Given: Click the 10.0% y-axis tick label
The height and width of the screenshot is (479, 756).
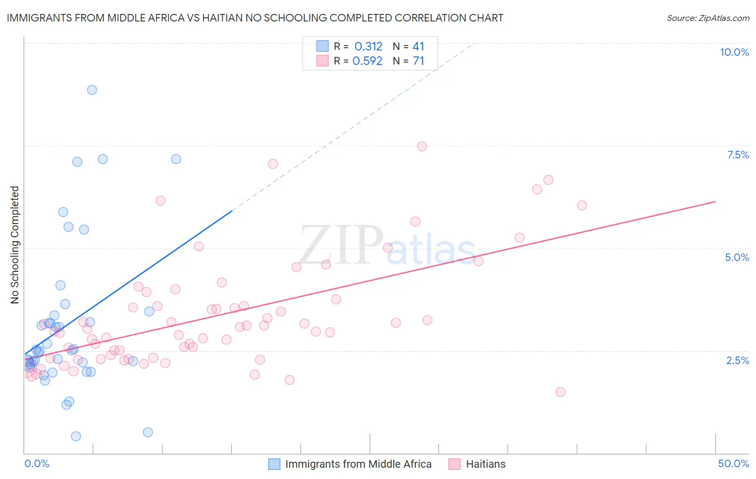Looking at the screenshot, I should pyautogui.click(x=734, y=52).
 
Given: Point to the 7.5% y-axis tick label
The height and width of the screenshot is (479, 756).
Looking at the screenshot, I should pyautogui.click(x=738, y=155).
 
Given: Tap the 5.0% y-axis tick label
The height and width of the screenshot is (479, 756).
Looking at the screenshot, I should pyautogui.click(x=737, y=257).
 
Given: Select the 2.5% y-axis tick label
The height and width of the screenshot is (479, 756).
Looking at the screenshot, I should pyautogui.click(x=737, y=360).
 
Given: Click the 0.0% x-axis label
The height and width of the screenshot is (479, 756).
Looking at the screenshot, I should pyautogui.click(x=37, y=463).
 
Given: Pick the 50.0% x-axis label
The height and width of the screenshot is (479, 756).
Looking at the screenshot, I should pyautogui.click(x=733, y=463).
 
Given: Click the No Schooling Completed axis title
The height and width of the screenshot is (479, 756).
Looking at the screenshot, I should pyautogui.click(x=15, y=245).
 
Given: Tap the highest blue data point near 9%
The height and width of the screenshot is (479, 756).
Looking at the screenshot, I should pyautogui.click(x=92, y=90).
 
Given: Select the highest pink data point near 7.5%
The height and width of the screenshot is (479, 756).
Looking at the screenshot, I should pyautogui.click(x=422, y=147).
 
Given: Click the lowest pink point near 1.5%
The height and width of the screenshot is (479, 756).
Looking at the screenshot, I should pyautogui.click(x=560, y=392).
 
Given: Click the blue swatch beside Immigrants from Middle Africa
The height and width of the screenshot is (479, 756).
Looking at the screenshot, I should pyautogui.click(x=274, y=464).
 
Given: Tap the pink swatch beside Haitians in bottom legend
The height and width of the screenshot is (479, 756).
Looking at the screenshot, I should pyautogui.click(x=454, y=464).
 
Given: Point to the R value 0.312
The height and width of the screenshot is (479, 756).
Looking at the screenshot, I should pyautogui.click(x=368, y=46).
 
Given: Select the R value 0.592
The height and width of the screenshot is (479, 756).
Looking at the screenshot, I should pyautogui.click(x=367, y=61).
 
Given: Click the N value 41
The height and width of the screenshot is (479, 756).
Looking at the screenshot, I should pyautogui.click(x=418, y=46).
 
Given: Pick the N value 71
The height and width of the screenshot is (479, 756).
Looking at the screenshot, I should pyautogui.click(x=418, y=61).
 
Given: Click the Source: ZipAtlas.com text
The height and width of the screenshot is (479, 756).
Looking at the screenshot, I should pyautogui.click(x=708, y=18).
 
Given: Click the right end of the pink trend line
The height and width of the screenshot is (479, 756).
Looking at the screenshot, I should pyautogui.click(x=715, y=201).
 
